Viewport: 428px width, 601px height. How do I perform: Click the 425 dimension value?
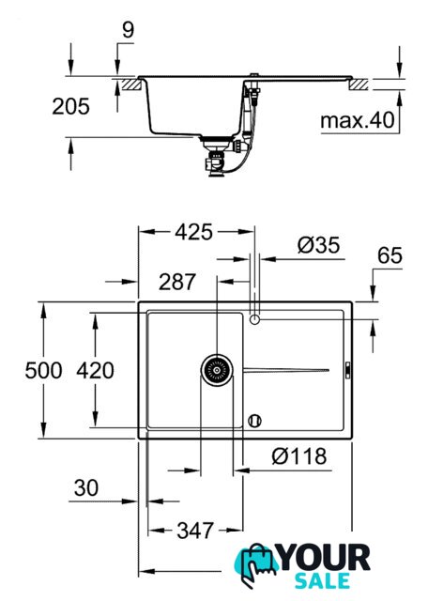click(193, 232)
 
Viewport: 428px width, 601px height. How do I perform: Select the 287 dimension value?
click(177, 282)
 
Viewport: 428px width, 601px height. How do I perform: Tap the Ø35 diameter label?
click(318, 245)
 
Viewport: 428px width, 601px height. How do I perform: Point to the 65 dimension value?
click(390, 255)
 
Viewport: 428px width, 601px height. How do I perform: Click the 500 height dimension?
click(43, 371)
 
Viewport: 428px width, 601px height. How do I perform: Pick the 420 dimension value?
click(95, 371)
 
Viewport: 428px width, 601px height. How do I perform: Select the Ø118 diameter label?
click(299, 456)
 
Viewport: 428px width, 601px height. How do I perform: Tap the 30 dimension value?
click(86, 488)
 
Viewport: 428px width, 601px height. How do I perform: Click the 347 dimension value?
click(195, 531)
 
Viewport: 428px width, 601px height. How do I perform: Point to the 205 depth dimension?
click(70, 106)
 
